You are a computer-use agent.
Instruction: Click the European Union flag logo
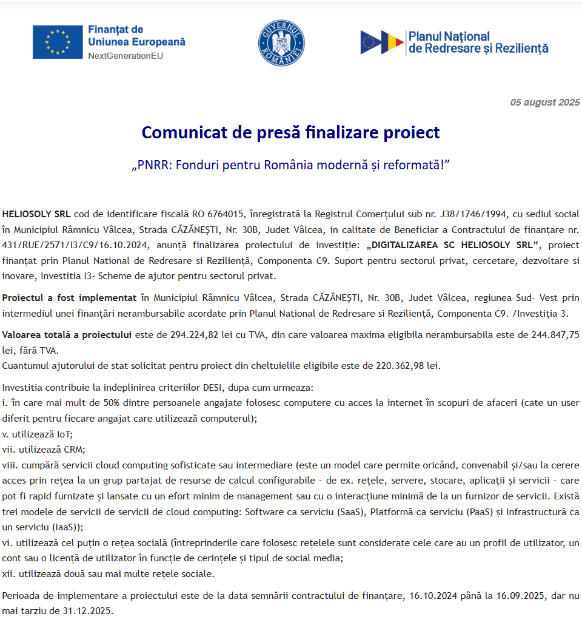(x=58, y=42)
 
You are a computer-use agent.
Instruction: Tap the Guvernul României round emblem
(x=281, y=42)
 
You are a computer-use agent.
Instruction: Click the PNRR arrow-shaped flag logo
(x=382, y=42)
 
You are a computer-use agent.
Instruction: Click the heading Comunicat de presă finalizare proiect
(x=291, y=132)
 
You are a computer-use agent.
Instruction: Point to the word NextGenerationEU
(x=125, y=56)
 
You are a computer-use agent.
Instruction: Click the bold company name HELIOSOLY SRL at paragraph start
(x=36, y=214)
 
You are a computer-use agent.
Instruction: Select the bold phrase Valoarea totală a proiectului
(x=67, y=334)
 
